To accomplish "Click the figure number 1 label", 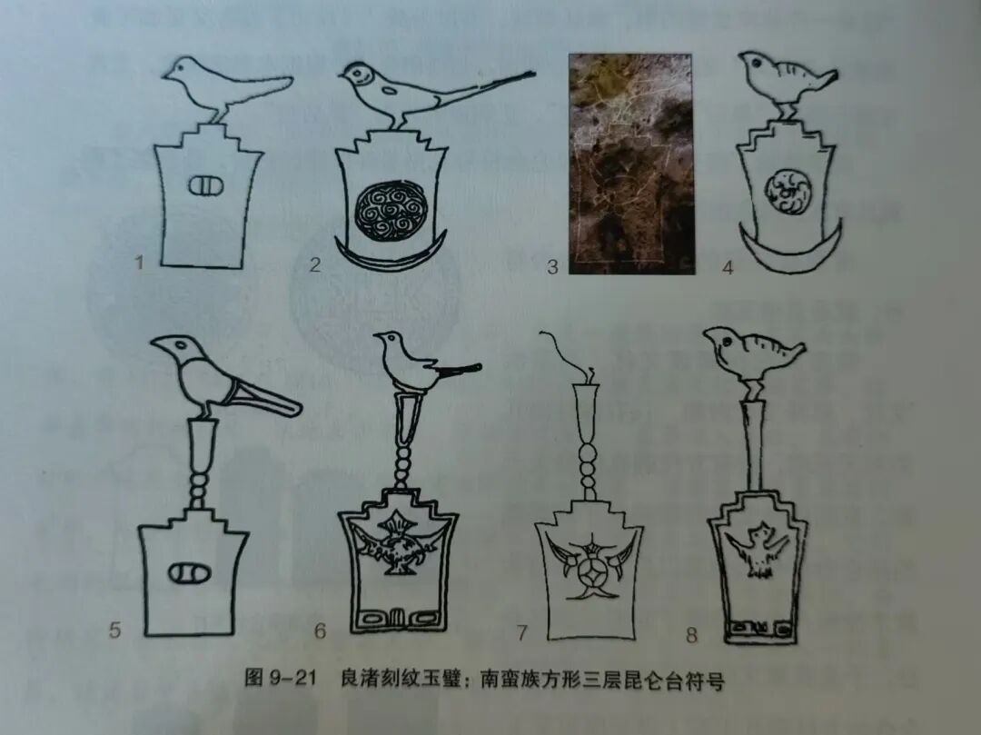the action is [139, 261].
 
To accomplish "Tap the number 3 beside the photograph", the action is [552, 267].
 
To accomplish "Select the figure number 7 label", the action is [521, 633].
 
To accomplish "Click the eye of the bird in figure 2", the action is [360, 71].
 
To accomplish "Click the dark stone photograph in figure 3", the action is [631, 164].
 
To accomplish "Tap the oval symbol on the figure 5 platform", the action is [188, 572].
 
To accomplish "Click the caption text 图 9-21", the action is [279, 678].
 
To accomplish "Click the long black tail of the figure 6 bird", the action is [458, 371].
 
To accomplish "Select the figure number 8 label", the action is [691, 635].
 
